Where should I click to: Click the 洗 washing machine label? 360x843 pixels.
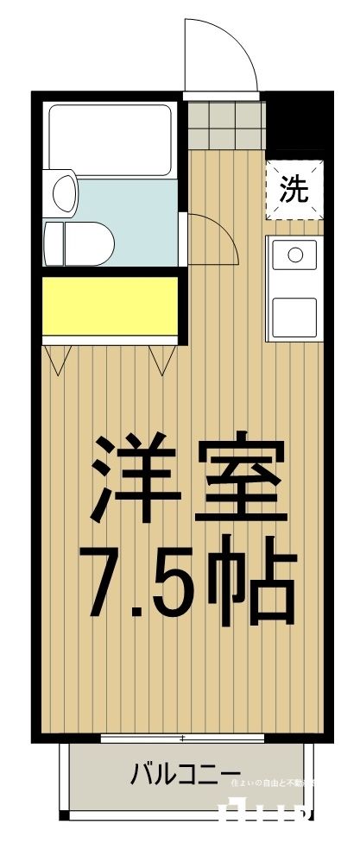[294, 190]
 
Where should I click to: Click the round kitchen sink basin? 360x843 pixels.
[294, 255]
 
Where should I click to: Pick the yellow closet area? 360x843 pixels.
[109, 305]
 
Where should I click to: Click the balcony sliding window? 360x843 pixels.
[183, 739]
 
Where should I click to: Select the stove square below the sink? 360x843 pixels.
[294, 310]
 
